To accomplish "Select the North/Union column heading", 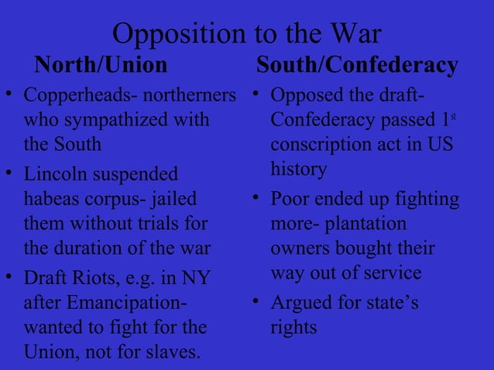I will point(101,66).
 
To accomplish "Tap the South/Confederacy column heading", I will point(357,66).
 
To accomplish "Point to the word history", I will point(299,170).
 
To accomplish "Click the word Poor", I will point(291,200).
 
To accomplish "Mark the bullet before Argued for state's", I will point(254,300).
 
